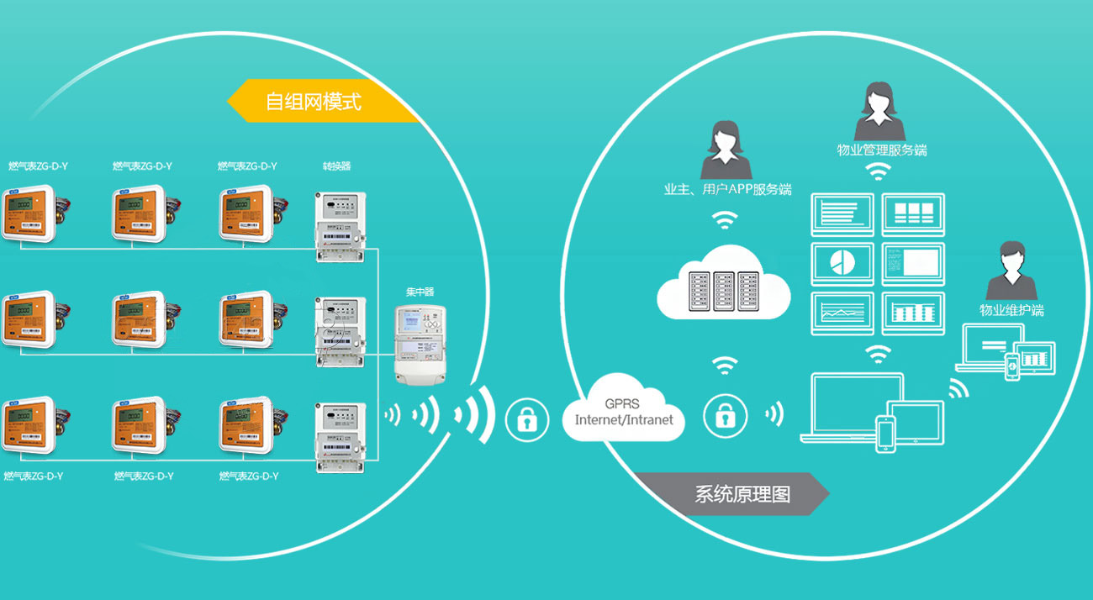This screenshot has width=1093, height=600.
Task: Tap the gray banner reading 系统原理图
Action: point(731,493)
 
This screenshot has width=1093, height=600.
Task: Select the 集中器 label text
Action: point(420,292)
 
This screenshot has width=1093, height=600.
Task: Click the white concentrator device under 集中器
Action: point(420,345)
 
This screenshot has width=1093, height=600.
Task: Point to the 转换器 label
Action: point(336,166)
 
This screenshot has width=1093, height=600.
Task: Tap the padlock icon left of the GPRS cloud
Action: point(526,418)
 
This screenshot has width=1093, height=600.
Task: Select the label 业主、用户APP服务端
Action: point(727,189)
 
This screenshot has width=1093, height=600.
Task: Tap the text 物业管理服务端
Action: point(881,150)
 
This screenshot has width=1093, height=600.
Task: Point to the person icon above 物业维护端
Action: point(1011,271)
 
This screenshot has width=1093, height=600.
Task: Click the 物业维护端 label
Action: point(1011,310)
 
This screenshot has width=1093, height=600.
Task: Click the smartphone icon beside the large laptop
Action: point(886,434)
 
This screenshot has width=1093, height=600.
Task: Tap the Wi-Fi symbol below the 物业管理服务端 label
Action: point(879,172)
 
